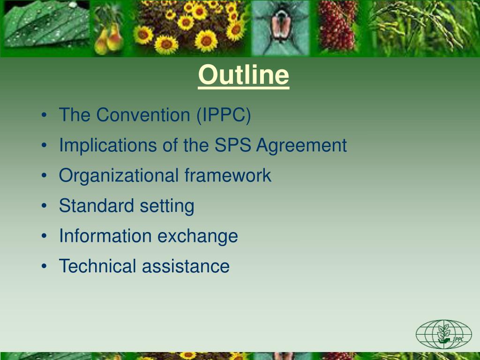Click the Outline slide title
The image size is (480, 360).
coord(243,75)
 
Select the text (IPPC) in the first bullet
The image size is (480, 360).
coord(224,115)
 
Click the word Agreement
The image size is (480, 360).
coord(301,146)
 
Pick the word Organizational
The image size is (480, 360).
coord(119,176)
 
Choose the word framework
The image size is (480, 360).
coord(228,176)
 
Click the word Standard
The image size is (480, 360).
coord(90,206)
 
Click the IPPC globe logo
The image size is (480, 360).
coord(443,334)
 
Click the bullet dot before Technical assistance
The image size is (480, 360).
coord(44,266)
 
